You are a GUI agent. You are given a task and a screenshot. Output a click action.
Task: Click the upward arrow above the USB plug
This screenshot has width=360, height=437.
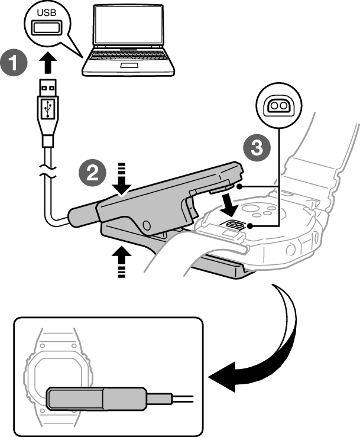coord(47,62)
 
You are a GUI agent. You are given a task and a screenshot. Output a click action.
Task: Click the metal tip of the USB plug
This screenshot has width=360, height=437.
coord(47,87)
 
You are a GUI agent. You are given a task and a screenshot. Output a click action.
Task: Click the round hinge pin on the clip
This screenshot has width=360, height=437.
coord(146,224)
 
